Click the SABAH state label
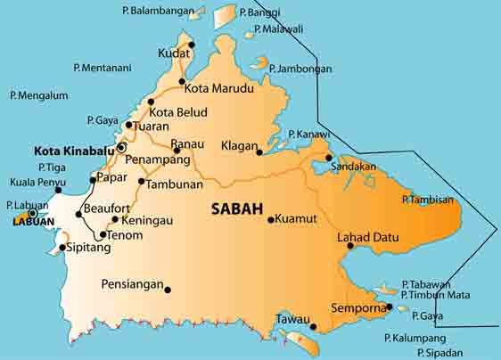(x=238, y=211)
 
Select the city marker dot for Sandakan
(x=328, y=158)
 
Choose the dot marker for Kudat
(x=190, y=44)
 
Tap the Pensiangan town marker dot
(x=168, y=288)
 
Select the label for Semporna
(x=357, y=307)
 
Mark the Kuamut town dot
(x=271, y=218)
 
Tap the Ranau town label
(x=188, y=143)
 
